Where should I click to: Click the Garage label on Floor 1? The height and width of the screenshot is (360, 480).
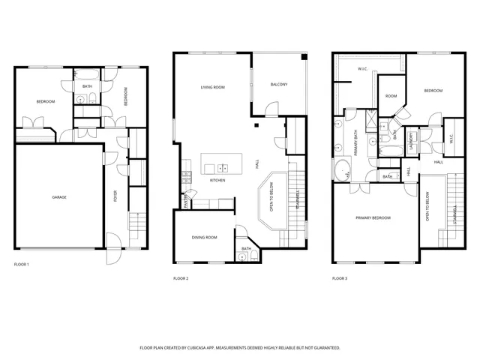click(x=59, y=197)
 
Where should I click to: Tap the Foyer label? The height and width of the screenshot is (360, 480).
click(x=115, y=196)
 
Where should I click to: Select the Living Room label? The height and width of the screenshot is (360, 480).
click(x=213, y=88)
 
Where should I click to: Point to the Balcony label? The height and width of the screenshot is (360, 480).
click(x=279, y=84)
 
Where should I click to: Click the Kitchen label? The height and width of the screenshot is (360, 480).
click(x=217, y=180)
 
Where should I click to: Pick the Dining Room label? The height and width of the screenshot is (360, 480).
click(x=204, y=238)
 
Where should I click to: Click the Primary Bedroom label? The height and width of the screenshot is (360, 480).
click(x=373, y=217)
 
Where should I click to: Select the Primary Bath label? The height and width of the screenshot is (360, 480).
click(x=355, y=142)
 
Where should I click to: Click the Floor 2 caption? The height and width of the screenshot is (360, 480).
click(x=181, y=279)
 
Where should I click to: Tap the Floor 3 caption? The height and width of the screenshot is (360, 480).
click(x=340, y=279)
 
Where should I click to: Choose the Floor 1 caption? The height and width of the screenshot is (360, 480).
click(x=22, y=265)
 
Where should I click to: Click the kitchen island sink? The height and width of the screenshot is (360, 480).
click(x=223, y=167)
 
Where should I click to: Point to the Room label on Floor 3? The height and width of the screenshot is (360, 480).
click(x=391, y=96)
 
